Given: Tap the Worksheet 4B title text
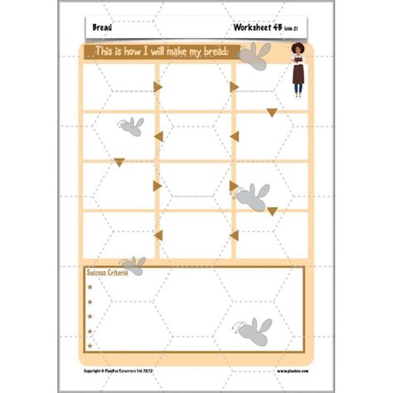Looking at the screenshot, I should point(257,28).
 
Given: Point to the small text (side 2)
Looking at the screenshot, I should point(294,29).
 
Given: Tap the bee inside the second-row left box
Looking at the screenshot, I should point(131,125).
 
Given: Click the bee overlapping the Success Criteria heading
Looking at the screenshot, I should point(133,265).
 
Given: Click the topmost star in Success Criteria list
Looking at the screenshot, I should point(90,288).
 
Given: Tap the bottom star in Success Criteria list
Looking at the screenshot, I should point(90,343).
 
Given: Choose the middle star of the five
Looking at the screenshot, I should point(90,316).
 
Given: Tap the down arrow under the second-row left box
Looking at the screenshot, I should point(120,162).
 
